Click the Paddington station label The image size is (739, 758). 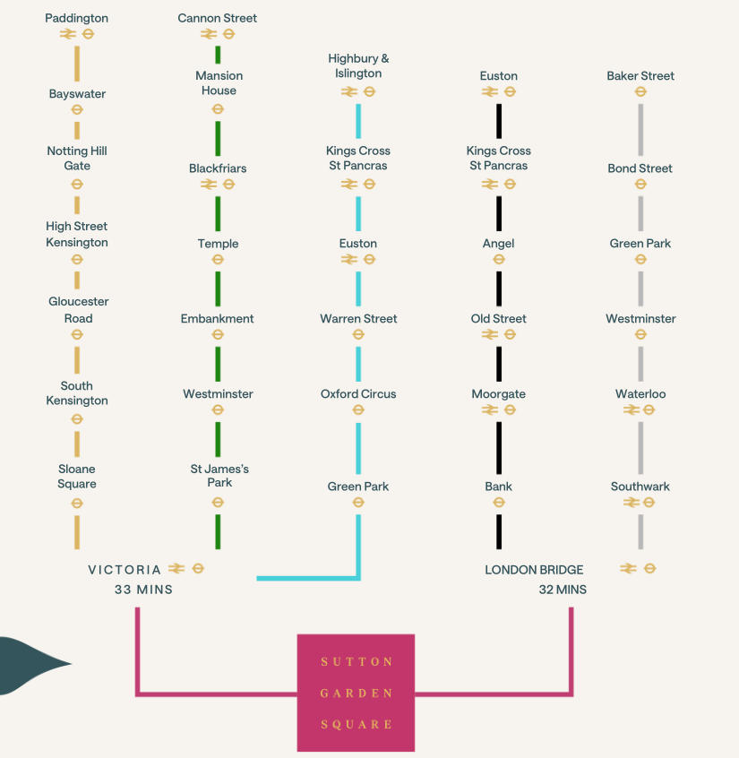coord(77,18)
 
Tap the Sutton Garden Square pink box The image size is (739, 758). coord(356,693)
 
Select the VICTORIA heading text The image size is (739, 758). coord(125,570)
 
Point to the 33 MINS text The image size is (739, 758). coord(143,590)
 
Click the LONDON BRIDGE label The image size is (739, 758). coord(534,570)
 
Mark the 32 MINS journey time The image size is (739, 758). coord(563,590)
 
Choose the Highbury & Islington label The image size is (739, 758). coord(358,65)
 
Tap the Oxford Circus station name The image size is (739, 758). coord(358,394)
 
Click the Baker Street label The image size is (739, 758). coord(640,76)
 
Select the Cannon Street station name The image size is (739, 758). coord(218,18)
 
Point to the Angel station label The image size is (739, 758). coord(499,244)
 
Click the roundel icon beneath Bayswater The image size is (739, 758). coord(77,110)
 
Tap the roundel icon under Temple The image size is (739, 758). coord(218,260)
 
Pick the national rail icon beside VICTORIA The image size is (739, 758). coord(176,568)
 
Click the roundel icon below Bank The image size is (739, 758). coord(499,503)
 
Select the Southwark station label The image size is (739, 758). coord(640,487)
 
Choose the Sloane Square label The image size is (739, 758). coord(77,477)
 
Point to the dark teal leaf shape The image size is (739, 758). coord(31,665)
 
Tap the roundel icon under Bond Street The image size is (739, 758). coord(640,185)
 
